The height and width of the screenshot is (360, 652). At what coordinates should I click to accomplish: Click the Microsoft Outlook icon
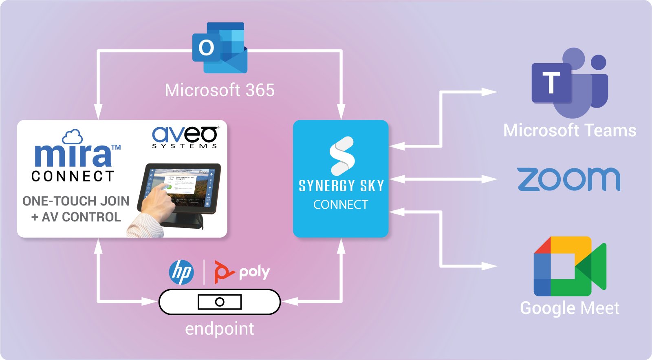[220, 48]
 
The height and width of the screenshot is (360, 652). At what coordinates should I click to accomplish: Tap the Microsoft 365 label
[220, 90]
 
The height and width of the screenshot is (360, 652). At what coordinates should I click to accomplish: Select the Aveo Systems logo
[185, 137]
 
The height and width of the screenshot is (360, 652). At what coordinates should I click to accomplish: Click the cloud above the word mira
[72, 137]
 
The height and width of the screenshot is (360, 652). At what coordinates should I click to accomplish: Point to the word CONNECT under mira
[73, 176]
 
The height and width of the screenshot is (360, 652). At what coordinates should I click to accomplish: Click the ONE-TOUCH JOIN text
[76, 201]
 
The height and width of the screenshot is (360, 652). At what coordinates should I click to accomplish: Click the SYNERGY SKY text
[341, 186]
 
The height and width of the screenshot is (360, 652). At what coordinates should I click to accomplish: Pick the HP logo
[181, 272]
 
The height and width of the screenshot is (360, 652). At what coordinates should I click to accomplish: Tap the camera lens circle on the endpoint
[220, 302]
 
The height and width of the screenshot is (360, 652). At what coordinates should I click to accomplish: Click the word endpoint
[220, 329]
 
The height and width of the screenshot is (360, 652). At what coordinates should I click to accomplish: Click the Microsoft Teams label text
[570, 130]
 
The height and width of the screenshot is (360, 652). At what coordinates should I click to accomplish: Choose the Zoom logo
[569, 179]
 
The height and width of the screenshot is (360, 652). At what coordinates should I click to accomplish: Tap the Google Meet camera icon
[570, 266]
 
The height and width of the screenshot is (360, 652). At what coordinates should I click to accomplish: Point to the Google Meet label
[570, 308]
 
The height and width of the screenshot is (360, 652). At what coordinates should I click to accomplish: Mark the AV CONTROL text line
[76, 217]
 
